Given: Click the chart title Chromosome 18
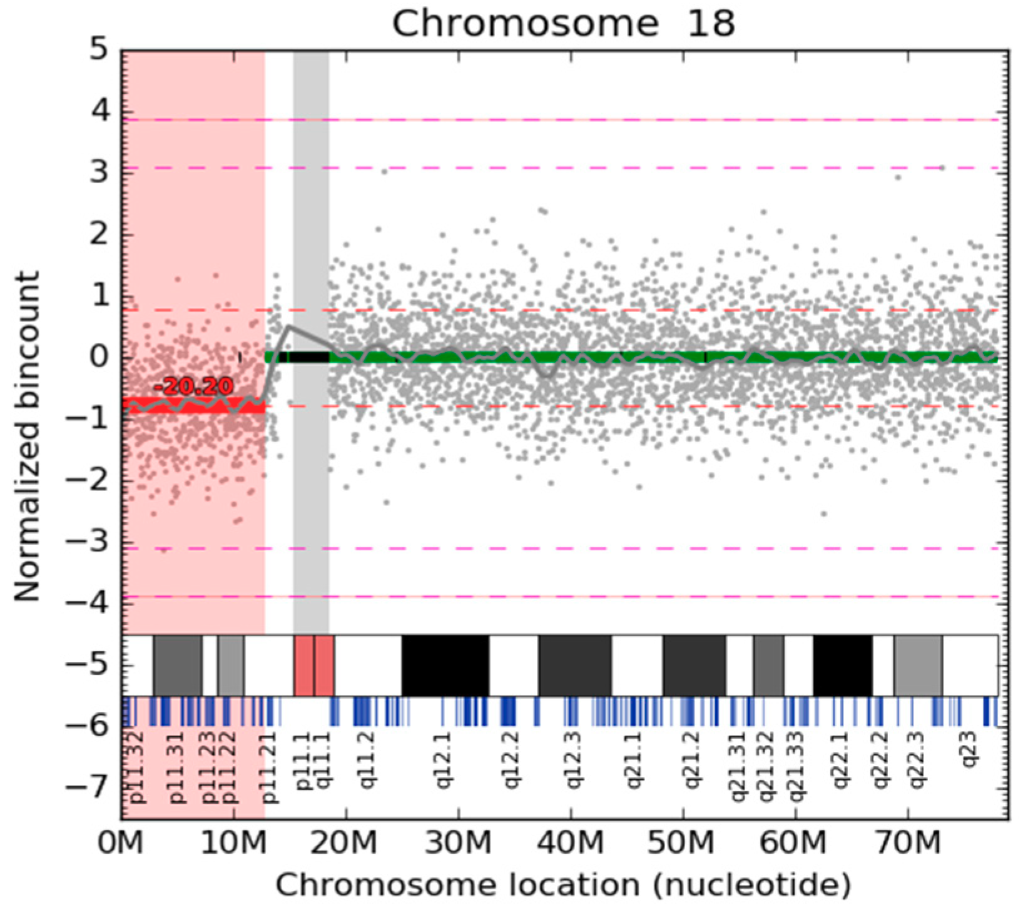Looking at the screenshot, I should coord(563,24).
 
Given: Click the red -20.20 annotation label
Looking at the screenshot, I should coord(193,387).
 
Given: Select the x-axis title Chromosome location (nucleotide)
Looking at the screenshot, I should coord(563,886).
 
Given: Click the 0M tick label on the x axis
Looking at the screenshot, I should coord(121,844).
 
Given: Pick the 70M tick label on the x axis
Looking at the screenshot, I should coord(907,844).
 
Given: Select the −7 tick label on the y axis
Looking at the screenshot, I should coord(89,786).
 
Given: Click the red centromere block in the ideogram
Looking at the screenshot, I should coord(313,665).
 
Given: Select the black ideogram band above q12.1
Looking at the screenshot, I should coord(445,665).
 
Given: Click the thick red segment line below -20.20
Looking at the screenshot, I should coord(194,405).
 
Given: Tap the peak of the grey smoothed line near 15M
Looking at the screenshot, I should coord(288,326).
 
